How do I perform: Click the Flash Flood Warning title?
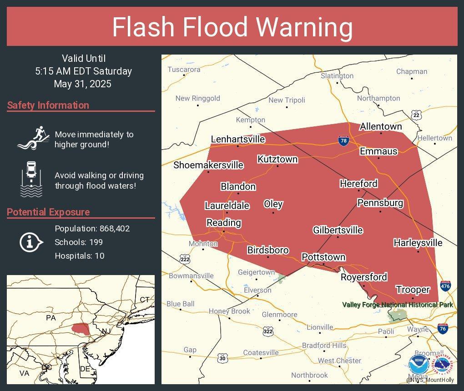[232, 27]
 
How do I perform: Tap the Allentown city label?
[381, 126]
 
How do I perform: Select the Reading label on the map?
[223, 222]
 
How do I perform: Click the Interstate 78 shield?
[344, 141]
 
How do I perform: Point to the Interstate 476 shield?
[445, 286]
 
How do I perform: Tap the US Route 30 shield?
[222, 358]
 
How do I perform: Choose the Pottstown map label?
[323, 257]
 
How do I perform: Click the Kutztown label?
[277, 159]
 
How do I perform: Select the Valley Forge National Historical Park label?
[398, 305]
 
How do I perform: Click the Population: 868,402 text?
[92, 228]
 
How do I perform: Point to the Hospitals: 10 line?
[79, 256]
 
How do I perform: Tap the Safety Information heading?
[48, 105]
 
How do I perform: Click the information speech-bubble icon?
[31, 242]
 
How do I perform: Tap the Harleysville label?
[418, 243]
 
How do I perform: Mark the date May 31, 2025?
[82, 84]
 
